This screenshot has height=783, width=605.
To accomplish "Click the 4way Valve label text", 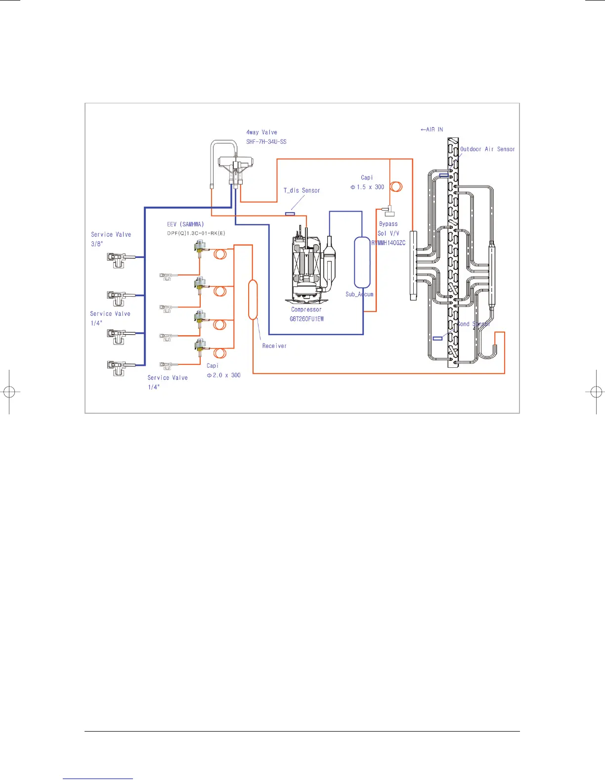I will pyautogui.click(x=261, y=132).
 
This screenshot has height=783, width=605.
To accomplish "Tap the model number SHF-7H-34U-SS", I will pyautogui.click(x=266, y=142).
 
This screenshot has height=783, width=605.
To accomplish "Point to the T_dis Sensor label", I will pyautogui.click(x=302, y=190).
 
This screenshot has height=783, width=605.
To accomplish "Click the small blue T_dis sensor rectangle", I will pyautogui.click(x=290, y=214).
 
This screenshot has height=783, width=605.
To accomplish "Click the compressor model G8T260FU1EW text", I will pyautogui.click(x=306, y=319).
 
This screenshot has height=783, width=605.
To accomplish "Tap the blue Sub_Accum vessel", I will pyautogui.click(x=362, y=262).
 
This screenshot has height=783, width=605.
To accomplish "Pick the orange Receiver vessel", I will pyautogui.click(x=253, y=300).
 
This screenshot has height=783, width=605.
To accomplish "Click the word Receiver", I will pyautogui.click(x=274, y=346).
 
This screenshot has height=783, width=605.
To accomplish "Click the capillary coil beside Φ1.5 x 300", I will pyautogui.click(x=396, y=187).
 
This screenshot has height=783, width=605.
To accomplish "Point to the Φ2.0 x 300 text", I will pyautogui.click(x=223, y=375).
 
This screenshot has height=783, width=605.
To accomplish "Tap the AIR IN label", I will pyautogui.click(x=432, y=130).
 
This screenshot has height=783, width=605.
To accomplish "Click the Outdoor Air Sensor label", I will pyautogui.click(x=487, y=149).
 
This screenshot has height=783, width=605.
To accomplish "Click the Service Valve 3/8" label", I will pyautogui.click(x=111, y=239).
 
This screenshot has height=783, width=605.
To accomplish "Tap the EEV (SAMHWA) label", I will pyautogui.click(x=185, y=224).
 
